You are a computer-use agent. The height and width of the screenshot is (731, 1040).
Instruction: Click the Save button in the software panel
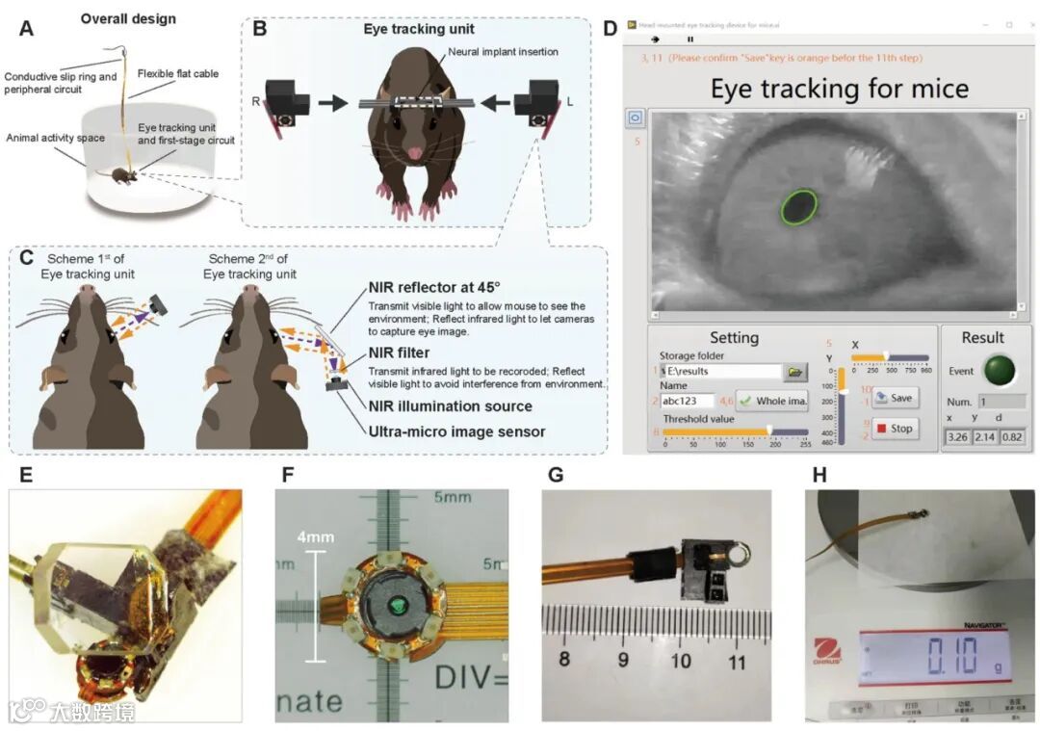point(896,398)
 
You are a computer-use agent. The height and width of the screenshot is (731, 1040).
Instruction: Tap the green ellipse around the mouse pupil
point(800,206)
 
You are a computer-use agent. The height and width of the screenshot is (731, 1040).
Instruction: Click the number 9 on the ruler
point(623,662)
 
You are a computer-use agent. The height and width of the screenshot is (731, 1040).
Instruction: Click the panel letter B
point(259,29)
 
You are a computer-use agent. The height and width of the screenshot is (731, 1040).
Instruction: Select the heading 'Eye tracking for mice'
point(839,90)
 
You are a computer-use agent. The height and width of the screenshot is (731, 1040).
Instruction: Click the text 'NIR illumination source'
point(451,405)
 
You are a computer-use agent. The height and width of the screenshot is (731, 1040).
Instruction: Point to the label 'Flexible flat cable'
point(178,71)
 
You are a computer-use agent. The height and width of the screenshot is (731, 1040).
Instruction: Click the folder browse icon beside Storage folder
point(795,371)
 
